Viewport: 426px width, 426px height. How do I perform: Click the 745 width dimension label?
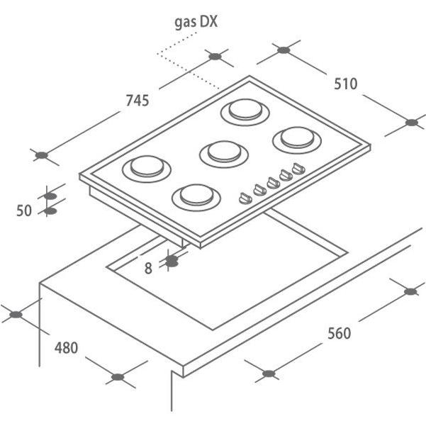(138, 100)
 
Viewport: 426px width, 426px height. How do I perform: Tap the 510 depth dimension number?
(346, 84)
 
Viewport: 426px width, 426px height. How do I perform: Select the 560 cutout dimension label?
(339, 333)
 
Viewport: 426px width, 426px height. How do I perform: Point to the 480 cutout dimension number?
(66, 348)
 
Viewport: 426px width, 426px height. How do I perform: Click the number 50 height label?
(24, 211)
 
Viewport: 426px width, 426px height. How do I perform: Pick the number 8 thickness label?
(148, 269)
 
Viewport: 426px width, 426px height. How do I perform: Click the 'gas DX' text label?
(196, 23)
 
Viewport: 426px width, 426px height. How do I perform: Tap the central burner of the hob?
(224, 154)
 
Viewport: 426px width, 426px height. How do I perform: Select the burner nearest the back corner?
(245, 112)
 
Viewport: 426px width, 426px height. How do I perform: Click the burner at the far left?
(147, 169)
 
